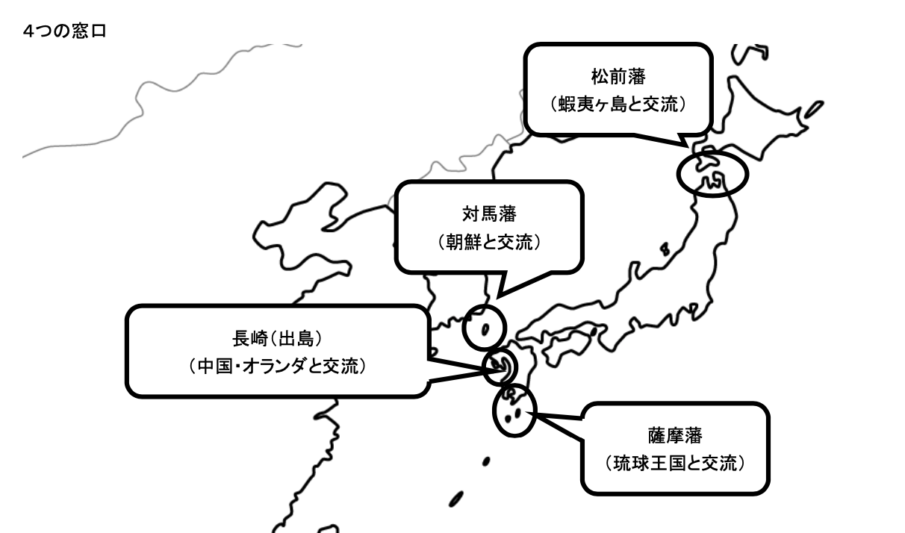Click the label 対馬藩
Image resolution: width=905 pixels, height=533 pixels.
click(489, 215)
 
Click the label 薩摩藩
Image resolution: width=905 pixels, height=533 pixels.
click(676, 435)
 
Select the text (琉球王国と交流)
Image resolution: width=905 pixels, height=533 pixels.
click(676, 463)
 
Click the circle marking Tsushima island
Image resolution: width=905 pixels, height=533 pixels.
click(484, 328)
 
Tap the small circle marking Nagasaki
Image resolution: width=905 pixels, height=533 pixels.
click(499, 367)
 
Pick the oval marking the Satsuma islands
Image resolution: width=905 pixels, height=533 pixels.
click(514, 410)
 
